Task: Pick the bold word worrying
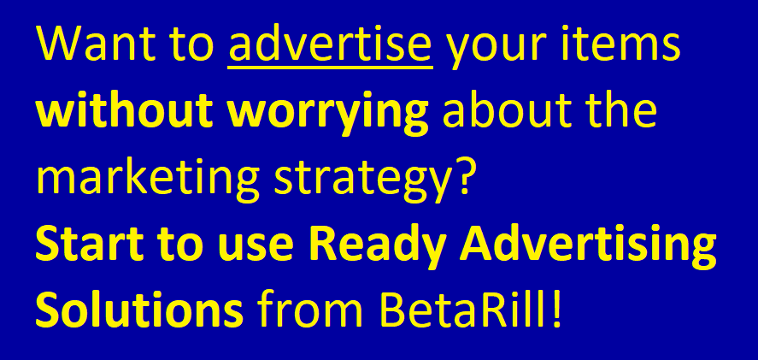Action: click(327, 115)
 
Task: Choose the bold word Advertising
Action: click(587, 250)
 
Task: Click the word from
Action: click(310, 310)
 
